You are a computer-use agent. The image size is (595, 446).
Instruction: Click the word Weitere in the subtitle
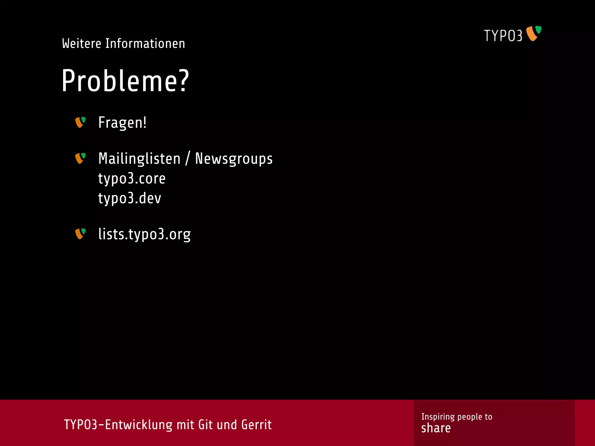coord(82,44)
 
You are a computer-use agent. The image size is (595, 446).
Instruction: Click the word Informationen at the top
coord(145,44)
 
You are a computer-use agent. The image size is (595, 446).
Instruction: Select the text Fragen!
coord(122,123)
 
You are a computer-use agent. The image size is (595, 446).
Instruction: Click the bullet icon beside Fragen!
coord(80,122)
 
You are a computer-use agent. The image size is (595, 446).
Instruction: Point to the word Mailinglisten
coord(139,159)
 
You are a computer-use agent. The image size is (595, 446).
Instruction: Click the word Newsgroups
coord(234,159)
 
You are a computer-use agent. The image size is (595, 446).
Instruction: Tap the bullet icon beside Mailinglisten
coord(80,158)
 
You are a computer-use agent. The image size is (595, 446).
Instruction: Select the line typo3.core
coord(132,178)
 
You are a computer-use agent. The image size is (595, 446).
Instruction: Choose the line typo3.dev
coord(130,198)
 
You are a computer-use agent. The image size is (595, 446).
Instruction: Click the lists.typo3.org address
coord(144,234)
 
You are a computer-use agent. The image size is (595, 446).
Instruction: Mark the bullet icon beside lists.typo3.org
coord(80,234)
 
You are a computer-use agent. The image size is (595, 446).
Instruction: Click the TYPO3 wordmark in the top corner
coord(503,36)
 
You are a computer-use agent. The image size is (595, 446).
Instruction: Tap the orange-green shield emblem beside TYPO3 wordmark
coord(534,33)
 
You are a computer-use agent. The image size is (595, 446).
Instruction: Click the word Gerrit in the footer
coord(256,425)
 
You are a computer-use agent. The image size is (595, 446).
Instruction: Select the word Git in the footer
coord(205,425)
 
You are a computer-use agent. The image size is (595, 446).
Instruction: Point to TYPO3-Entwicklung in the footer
coord(118,425)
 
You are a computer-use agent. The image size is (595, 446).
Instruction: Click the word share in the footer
coord(436,428)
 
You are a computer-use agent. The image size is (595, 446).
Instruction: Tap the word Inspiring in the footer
coord(438,417)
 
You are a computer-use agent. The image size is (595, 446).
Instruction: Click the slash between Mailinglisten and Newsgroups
coord(188,159)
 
